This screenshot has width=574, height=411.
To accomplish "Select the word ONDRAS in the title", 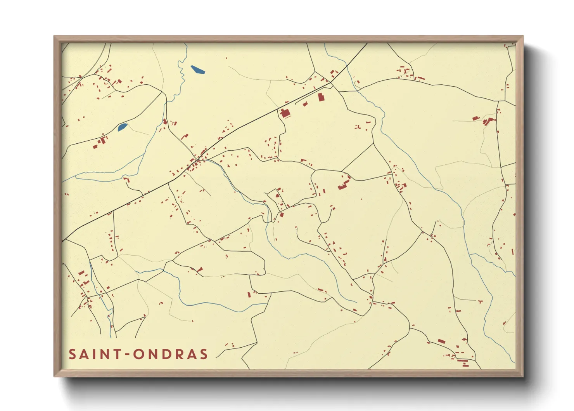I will click(x=171, y=354).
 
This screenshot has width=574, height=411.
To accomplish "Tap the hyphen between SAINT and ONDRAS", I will click(x=127, y=355).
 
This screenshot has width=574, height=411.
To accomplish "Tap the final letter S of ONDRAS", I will click(x=204, y=354).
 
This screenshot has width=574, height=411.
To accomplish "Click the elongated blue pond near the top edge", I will click(x=197, y=70).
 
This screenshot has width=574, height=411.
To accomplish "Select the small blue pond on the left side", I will click(x=123, y=127).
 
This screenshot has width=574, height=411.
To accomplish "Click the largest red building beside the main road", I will click(x=285, y=113).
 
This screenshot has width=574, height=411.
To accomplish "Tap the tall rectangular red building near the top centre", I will click(x=321, y=97).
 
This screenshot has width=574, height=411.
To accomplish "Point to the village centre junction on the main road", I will click(x=199, y=159).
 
